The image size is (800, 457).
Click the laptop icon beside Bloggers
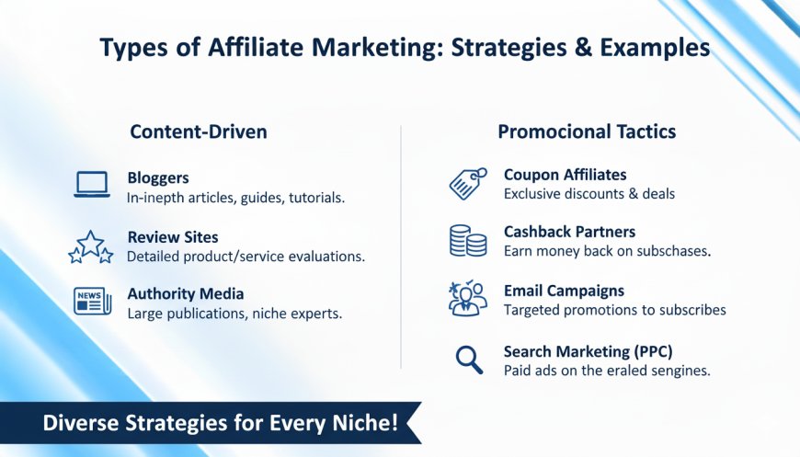92,184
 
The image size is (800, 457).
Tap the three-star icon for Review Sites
91,246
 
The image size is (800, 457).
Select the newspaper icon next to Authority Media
92,301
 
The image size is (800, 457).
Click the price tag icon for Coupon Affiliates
468,184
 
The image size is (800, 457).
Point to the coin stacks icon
468,241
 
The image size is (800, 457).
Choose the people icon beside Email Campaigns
467,298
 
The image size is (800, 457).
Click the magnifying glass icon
469,360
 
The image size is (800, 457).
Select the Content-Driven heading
199,131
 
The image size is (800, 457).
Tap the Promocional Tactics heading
587,131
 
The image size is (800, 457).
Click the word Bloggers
158,178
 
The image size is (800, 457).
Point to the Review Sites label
173,237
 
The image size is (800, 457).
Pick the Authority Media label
186,294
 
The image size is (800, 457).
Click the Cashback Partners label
569,232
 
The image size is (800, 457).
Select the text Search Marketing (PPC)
589,351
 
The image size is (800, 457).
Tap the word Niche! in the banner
365,423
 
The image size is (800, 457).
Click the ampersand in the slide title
582,48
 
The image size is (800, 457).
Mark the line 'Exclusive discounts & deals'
589,194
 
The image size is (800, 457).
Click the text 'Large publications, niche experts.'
234,314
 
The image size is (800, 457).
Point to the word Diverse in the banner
81,423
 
